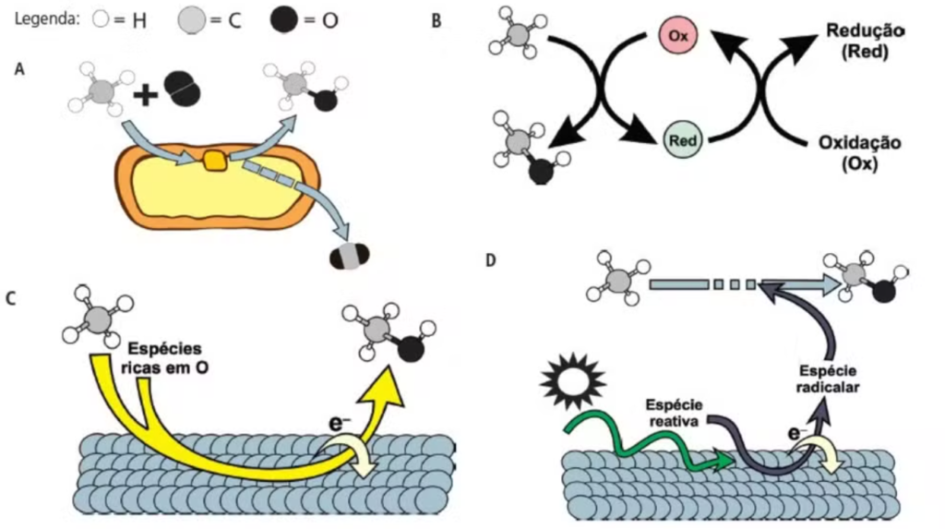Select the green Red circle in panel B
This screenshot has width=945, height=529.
684,140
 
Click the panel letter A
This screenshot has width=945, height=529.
19,68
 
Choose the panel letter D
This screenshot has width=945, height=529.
491,261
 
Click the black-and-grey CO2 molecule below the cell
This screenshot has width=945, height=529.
349,257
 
